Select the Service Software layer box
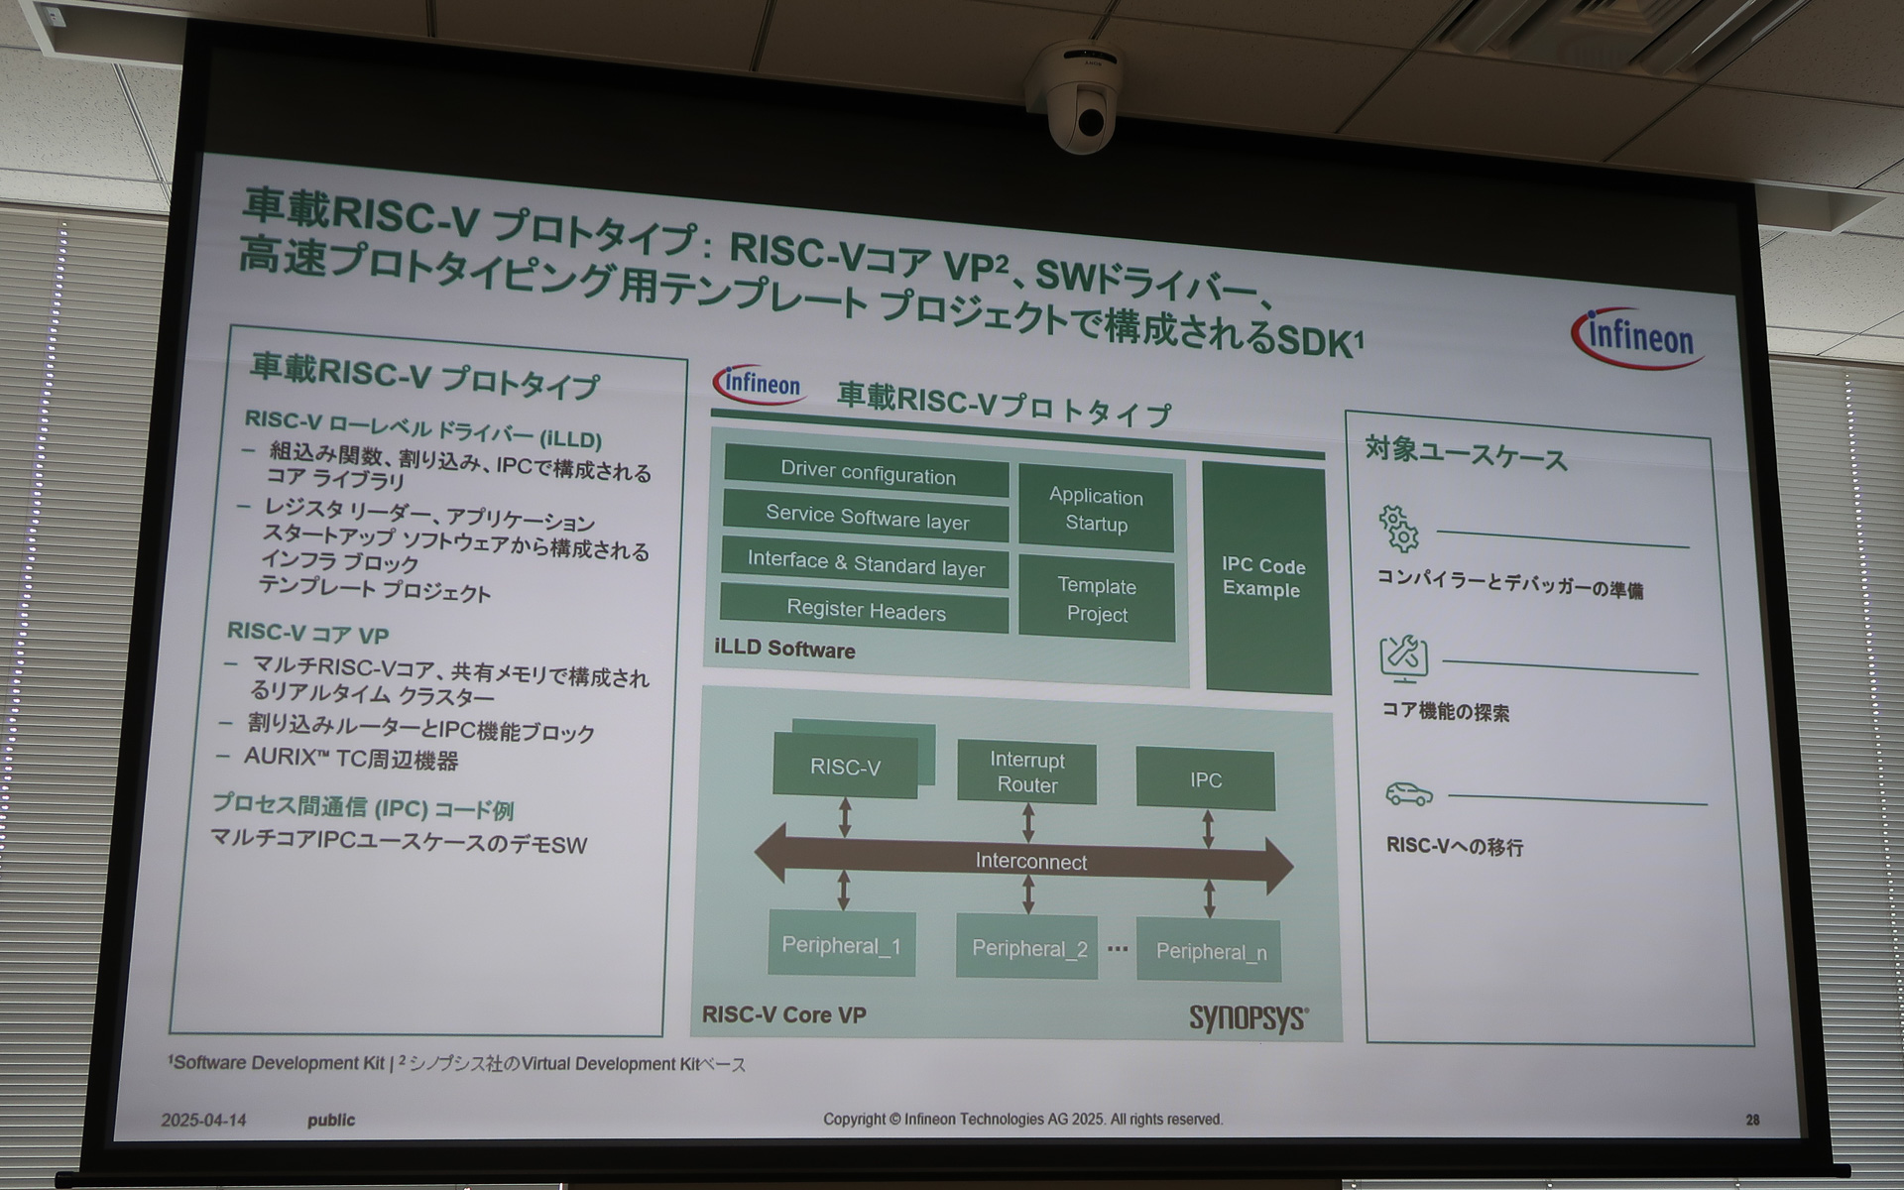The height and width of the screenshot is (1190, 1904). [867, 518]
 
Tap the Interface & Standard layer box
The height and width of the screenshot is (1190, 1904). [865, 564]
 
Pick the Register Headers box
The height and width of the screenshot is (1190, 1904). [865, 610]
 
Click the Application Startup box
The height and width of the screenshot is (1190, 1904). [1096, 509]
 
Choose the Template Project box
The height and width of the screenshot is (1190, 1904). [1097, 600]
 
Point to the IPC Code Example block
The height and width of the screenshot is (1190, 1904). [1264, 578]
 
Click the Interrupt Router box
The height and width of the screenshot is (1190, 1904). [1027, 773]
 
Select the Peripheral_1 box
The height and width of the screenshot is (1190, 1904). [841, 945]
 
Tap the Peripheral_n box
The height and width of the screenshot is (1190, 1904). [1210, 952]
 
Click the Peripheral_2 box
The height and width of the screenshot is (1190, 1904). [1028, 948]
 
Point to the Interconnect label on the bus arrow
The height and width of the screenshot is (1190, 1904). [1030, 862]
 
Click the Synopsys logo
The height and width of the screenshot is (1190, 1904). [1249, 1017]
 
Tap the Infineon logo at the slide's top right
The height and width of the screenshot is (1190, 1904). [1639, 337]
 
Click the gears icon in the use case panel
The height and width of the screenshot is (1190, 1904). [1398, 529]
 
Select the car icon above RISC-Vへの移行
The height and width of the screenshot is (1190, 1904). [1408, 793]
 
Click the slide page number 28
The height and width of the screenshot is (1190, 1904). [1752, 1120]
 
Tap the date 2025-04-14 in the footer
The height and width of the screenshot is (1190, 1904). [203, 1120]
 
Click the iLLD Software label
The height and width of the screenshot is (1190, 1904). [784, 650]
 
